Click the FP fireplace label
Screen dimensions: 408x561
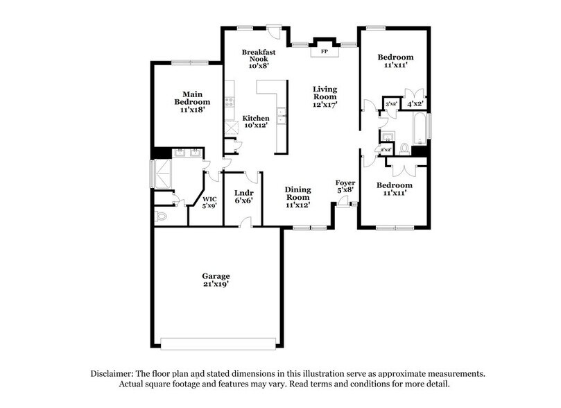(x=323, y=51)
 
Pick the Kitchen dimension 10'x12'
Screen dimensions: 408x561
(x=255, y=126)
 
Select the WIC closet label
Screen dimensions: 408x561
(x=209, y=198)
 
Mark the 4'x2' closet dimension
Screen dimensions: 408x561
(x=415, y=104)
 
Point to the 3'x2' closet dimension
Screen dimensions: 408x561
(x=391, y=104)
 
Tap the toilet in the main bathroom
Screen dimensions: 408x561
(x=162, y=216)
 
